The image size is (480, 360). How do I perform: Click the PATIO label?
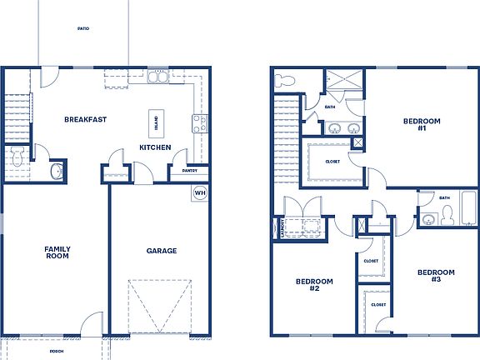point(83,28)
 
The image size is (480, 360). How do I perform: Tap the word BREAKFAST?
point(85,119)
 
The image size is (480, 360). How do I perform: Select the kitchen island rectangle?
point(156,124)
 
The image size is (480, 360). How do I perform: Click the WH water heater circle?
point(200,193)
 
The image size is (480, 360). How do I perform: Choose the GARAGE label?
point(161,250)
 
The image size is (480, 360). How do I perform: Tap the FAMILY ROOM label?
point(57,252)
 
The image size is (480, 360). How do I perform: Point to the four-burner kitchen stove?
point(200,124)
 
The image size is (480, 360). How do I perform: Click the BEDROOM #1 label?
point(415,125)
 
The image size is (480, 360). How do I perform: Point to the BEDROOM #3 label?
point(436,276)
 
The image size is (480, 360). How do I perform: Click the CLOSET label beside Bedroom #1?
point(332,162)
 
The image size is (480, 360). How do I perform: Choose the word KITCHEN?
point(155,147)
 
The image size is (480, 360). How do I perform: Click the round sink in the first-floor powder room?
point(56,171)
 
